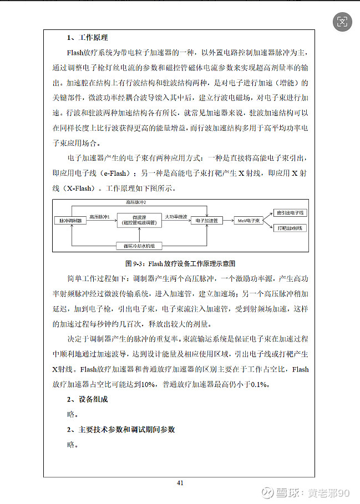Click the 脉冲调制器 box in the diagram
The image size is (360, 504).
point(71,220)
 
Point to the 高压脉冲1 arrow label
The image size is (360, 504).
point(100,216)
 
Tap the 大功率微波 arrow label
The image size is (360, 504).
point(176,216)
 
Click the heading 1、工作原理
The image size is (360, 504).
point(88,38)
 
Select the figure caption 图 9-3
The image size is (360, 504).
point(180,263)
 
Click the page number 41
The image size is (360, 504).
point(180,483)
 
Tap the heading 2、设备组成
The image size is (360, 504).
point(88,399)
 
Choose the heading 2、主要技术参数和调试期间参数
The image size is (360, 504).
point(121,430)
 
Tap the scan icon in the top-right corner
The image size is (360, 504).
point(342,22)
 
